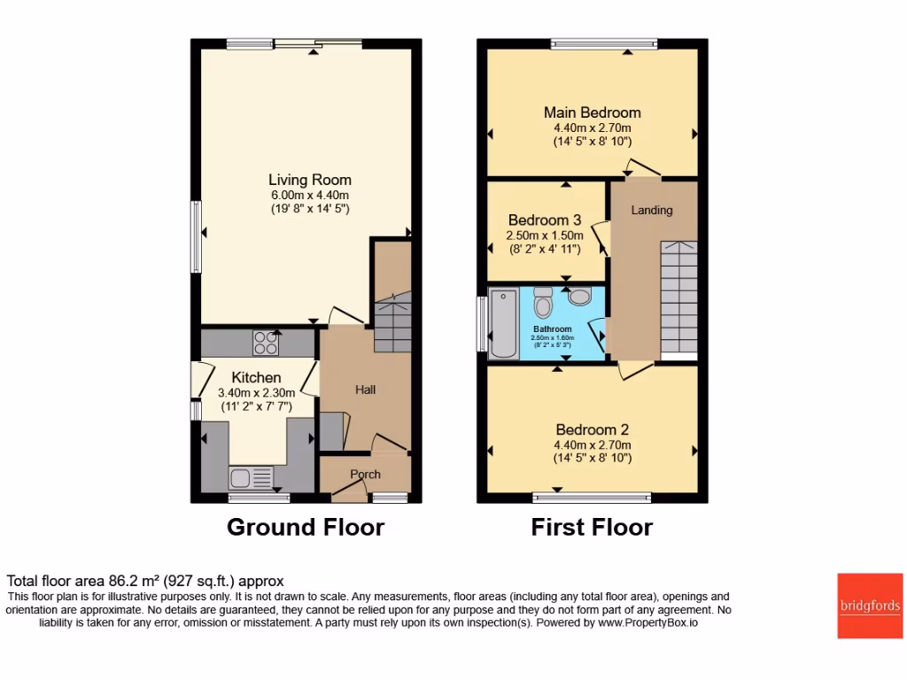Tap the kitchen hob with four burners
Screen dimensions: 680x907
[x=265, y=341]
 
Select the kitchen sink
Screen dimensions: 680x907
[x=242, y=478]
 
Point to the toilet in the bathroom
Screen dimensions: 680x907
[x=544, y=306]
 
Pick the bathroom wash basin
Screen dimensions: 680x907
[x=580, y=296]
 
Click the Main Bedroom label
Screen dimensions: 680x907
[x=592, y=112]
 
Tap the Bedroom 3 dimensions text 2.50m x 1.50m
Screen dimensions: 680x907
[x=544, y=236]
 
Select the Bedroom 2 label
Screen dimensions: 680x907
[x=592, y=429]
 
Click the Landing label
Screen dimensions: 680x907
[x=651, y=210]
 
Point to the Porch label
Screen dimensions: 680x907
[x=364, y=475]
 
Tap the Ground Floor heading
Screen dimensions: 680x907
[x=306, y=528]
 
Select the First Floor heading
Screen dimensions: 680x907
[x=592, y=528]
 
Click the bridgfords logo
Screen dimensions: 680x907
[x=870, y=606]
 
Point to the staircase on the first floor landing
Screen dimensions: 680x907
[x=678, y=297]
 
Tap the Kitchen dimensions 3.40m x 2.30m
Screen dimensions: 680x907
[x=256, y=393]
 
